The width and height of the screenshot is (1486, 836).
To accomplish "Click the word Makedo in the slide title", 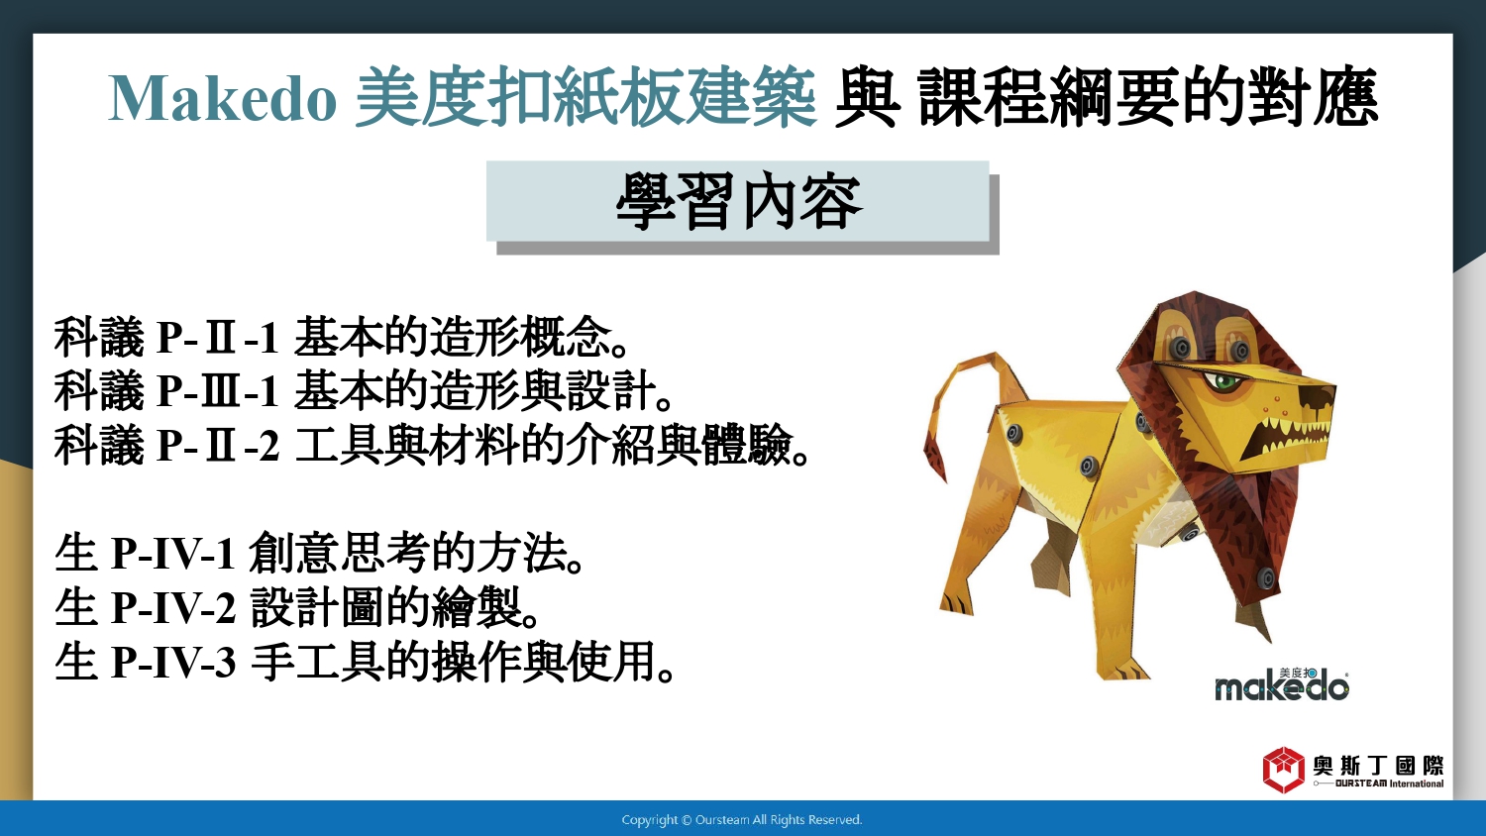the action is [222, 98].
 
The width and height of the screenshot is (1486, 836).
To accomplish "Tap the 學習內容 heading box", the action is [739, 202].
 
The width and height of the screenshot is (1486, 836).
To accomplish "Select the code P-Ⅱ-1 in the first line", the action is [217, 338].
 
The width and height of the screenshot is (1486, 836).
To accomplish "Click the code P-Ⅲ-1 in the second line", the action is [217, 391].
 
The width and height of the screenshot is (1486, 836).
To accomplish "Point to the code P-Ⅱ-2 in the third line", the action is [217, 445].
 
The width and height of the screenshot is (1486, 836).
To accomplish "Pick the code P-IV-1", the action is [173, 553].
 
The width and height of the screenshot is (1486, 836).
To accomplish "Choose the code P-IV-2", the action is [173, 607].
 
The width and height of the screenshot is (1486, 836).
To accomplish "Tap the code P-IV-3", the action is [173, 662].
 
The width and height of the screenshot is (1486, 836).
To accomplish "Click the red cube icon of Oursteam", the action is [1284, 770].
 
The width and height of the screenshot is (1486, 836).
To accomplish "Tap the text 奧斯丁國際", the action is [1379, 766].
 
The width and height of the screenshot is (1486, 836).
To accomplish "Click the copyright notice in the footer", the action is [742, 820].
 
